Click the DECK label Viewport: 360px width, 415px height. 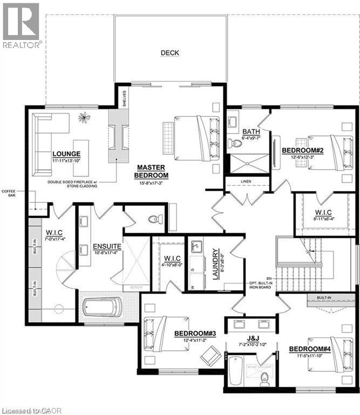click(169, 53)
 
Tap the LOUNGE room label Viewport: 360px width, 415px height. click(66, 153)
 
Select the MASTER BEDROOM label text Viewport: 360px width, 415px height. click(152, 171)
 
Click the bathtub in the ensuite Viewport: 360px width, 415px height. click(101, 309)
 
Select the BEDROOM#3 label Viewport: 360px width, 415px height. click(195, 333)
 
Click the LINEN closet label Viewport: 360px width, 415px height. click(247, 182)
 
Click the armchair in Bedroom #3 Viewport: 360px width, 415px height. click(209, 355)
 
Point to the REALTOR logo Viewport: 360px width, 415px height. click(21, 25)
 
